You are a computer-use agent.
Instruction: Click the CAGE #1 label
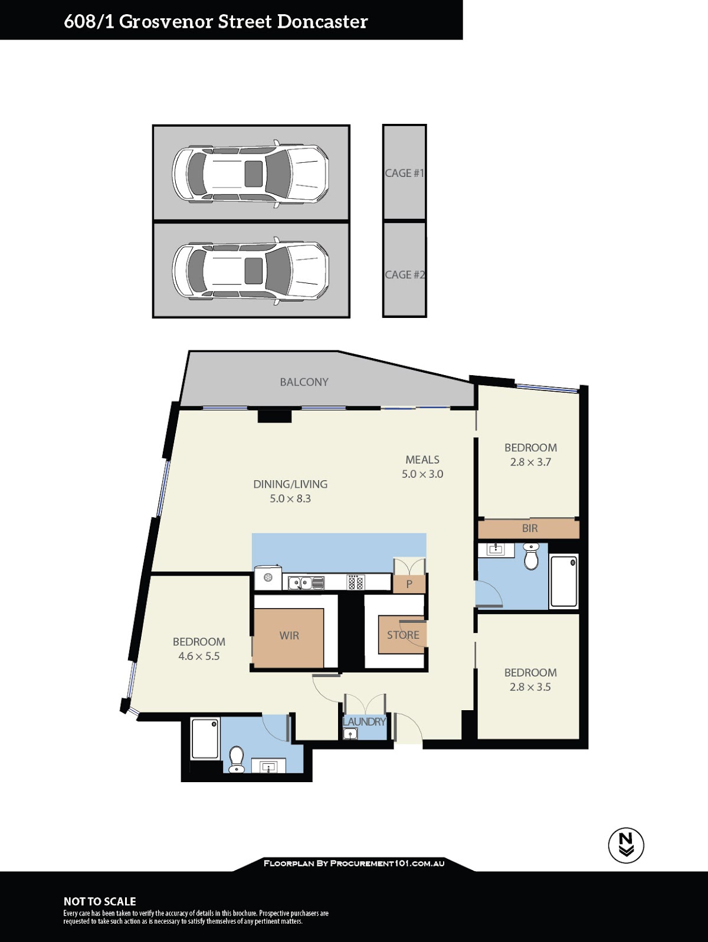[x=404, y=173]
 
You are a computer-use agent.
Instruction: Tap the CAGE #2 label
[x=404, y=275]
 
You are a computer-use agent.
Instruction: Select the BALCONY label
[x=304, y=382]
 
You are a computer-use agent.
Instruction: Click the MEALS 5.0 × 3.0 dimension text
[x=422, y=474]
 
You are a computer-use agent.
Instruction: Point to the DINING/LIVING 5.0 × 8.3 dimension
[x=290, y=498]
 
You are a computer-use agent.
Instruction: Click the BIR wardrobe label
[x=530, y=529]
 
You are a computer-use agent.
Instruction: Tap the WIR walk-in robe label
[x=289, y=636]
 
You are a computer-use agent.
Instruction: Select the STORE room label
[x=403, y=635]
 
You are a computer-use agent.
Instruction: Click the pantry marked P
[x=409, y=584]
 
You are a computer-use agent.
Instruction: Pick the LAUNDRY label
[x=364, y=722]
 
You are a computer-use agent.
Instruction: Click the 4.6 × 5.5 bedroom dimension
[x=199, y=656]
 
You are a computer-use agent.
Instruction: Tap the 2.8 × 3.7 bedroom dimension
[x=530, y=462]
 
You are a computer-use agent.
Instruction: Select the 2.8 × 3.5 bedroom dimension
[x=530, y=687]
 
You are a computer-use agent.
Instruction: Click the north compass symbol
[x=626, y=845]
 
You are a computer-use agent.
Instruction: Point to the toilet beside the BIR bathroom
[x=531, y=557]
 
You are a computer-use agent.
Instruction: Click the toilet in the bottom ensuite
[x=237, y=759]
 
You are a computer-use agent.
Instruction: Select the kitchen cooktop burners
[x=356, y=582]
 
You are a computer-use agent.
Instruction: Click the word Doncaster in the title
[x=322, y=22]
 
